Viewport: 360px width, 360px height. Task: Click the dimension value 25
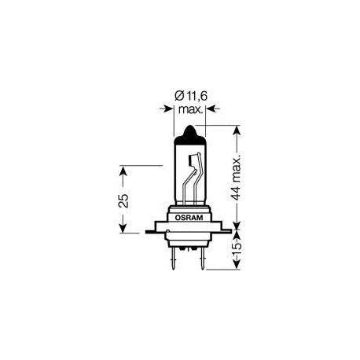[x=123, y=200]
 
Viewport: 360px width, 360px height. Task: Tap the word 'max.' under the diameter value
[x=189, y=112]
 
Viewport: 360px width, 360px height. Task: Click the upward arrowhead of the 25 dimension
[x=123, y=171]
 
